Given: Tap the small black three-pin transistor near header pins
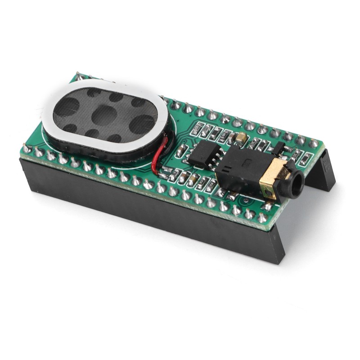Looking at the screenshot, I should [278, 148].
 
